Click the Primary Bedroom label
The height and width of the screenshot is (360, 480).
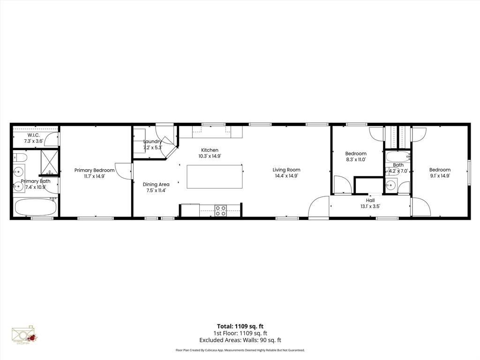coord(94,170)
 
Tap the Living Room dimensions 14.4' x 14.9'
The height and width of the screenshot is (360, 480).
coord(286,176)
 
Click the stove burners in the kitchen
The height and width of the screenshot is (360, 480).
coord(220,210)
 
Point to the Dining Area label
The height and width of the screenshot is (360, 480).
coord(156,184)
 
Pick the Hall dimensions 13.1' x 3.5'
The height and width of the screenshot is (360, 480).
coord(370,206)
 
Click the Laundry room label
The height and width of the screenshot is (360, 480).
coord(152,141)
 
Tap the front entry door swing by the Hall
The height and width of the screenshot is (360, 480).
coord(319,207)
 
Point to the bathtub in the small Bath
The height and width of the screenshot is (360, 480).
coord(398,157)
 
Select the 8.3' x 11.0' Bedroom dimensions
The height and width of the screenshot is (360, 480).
coord(356,159)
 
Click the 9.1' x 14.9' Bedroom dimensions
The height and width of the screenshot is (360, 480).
coord(440,176)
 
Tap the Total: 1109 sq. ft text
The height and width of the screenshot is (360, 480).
coord(240,326)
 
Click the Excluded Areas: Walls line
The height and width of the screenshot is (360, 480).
coord(240,340)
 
